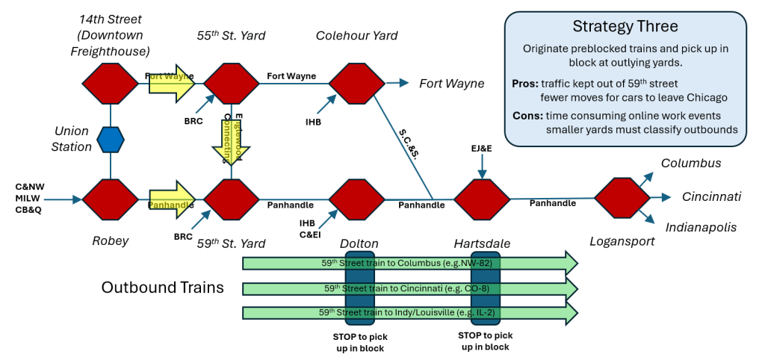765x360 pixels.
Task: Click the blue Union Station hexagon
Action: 111,140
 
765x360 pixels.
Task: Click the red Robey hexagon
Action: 111,199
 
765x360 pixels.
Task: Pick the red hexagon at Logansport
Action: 621,198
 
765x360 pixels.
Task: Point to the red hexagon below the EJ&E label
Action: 482,199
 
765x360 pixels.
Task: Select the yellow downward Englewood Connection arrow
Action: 232,142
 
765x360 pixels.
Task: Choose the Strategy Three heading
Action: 625,27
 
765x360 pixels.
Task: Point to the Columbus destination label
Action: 691,163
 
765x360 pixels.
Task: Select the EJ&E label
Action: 482,149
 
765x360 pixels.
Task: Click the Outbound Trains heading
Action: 163,288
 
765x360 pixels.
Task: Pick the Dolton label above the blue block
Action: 359,243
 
